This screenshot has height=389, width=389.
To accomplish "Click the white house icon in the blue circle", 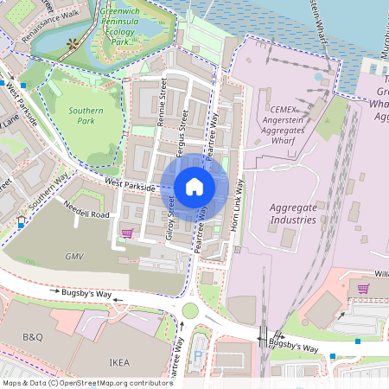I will (194, 186).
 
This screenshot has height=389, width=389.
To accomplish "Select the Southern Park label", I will (86, 116).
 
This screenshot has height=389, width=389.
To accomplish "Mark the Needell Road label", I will (87, 213).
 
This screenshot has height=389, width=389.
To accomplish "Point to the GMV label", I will (74, 257).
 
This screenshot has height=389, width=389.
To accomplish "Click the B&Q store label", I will (32, 335).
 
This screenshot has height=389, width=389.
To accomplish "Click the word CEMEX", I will (284, 110).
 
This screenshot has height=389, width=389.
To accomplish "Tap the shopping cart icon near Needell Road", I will (128, 233).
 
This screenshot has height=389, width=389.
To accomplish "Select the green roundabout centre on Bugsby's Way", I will (189, 311).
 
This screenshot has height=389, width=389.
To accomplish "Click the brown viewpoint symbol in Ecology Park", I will (73, 42).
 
